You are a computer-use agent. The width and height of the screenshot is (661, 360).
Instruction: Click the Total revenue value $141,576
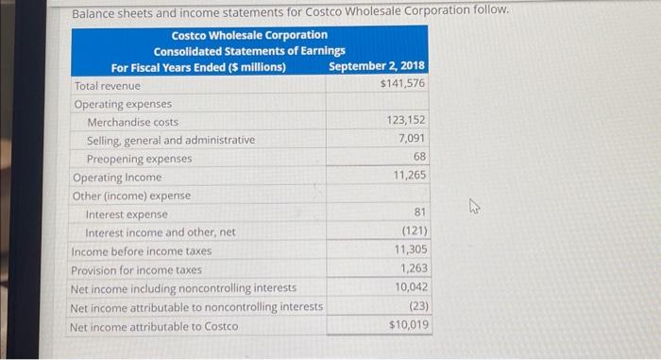pyautogui.click(x=402, y=84)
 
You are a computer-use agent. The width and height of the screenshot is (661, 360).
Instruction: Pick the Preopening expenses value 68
pyautogui.click(x=420, y=157)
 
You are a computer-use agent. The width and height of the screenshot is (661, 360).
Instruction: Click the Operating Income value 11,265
pyautogui.click(x=410, y=176)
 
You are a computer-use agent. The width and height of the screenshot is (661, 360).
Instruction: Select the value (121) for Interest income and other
pyautogui.click(x=415, y=231)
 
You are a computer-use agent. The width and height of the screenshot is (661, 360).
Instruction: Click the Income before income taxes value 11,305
pyautogui.click(x=411, y=250)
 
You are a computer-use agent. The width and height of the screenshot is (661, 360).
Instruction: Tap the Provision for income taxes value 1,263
pyautogui.click(x=414, y=268)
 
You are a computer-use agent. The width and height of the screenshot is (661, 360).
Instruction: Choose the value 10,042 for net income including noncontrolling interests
pyautogui.click(x=411, y=287)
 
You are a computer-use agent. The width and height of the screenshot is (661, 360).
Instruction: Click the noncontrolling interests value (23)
pyautogui.click(x=418, y=306)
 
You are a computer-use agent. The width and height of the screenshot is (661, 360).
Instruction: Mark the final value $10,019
pyautogui.click(x=408, y=325)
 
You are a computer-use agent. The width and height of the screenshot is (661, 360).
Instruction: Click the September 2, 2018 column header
pyautogui.click(x=377, y=66)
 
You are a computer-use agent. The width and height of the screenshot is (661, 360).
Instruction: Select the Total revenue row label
pyautogui.click(x=107, y=85)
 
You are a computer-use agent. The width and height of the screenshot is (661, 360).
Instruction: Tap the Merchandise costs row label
pyautogui.click(x=132, y=122)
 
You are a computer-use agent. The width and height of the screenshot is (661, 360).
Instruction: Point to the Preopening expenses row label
pyautogui.click(x=139, y=159)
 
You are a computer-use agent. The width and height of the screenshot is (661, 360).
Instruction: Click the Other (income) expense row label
pyautogui.click(x=131, y=196)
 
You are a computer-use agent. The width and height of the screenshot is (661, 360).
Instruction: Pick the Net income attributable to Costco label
pyautogui.click(x=154, y=326)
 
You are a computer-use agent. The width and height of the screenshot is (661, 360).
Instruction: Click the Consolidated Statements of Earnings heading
pyautogui.click(x=249, y=51)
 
